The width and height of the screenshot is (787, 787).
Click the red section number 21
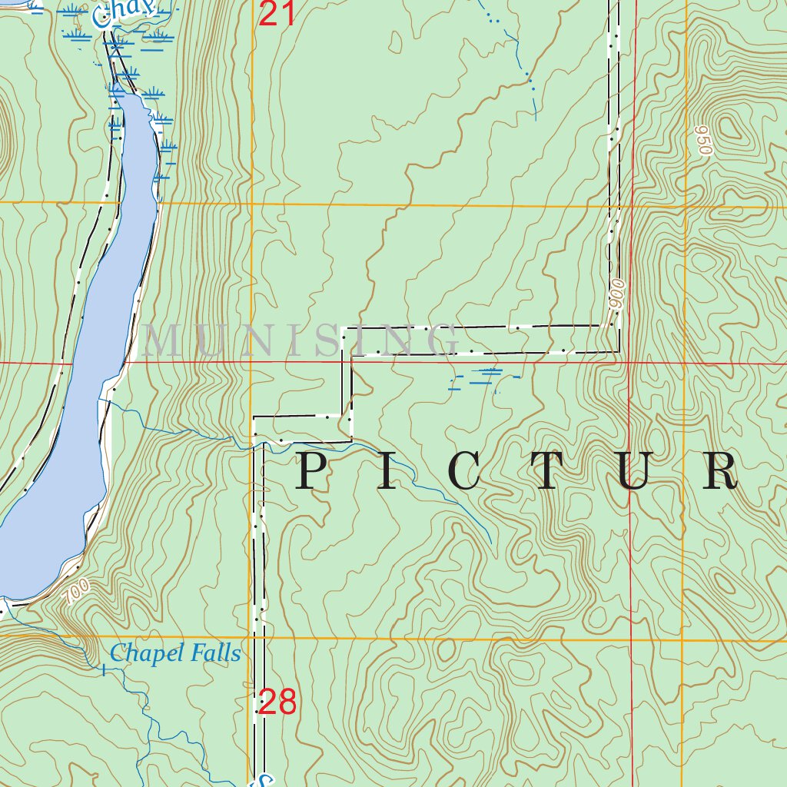277,13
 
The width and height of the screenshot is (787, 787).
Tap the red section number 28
277,702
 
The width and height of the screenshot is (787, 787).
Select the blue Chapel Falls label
175,654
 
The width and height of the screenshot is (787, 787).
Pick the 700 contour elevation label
77,590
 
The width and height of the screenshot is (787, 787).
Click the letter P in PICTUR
314,471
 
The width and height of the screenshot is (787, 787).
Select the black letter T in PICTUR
548,471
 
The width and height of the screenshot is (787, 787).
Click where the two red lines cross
629,362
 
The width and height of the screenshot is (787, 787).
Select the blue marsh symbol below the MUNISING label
484,377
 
